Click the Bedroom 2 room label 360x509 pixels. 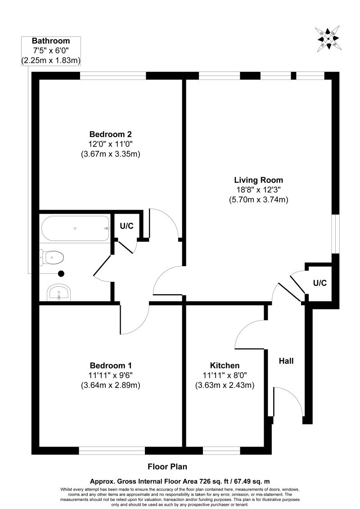[x=110, y=134]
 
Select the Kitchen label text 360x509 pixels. [x=225, y=365]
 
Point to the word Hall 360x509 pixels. [x=286, y=361]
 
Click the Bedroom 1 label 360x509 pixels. [x=110, y=365]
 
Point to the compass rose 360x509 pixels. [x=329, y=39]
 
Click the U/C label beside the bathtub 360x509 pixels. [x=126, y=226]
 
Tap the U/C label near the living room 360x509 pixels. [x=319, y=283]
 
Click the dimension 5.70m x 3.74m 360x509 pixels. [x=258, y=200]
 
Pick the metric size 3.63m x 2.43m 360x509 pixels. [x=225, y=385]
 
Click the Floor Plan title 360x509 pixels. [x=167, y=466]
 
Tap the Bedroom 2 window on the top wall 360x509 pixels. [x=113, y=76]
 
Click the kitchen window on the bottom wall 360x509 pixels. [x=221, y=451]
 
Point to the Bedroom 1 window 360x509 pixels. [x=112, y=451]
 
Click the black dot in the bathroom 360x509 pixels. [x=62, y=273]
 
